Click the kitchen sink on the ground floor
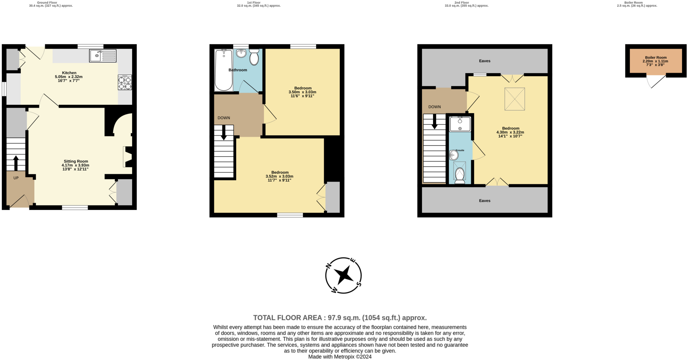click(102, 56)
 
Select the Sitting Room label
click(76, 161)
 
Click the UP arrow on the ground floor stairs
click(16, 163)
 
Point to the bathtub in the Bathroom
click(223, 70)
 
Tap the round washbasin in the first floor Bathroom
click(241, 53)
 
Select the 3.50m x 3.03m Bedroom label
click(302, 88)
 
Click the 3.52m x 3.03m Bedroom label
click(279, 173)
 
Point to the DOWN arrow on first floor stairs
click(224, 133)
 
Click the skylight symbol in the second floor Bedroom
click(514, 99)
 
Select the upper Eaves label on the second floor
click(484, 61)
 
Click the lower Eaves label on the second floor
click(484, 200)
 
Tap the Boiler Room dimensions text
click(655, 63)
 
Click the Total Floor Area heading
click(340, 318)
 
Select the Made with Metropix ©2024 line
click(340, 357)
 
